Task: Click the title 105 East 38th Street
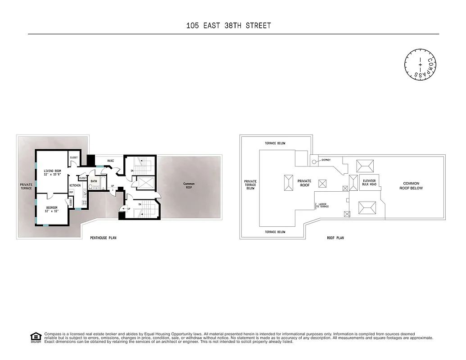pos(229,26)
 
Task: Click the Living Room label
pos(52,173)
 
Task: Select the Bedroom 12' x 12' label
pos(52,209)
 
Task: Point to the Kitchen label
pos(75,185)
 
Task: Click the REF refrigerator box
pos(71,193)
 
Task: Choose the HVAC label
pos(111,161)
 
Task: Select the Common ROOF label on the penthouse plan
pos(189,185)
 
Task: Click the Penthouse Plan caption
pos(103,238)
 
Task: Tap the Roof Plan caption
pos(335,238)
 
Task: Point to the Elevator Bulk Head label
pos(369,183)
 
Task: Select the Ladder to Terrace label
pos(322,205)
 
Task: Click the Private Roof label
pos(304,183)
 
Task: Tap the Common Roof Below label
pos(411,185)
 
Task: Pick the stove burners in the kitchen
pos(84,194)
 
